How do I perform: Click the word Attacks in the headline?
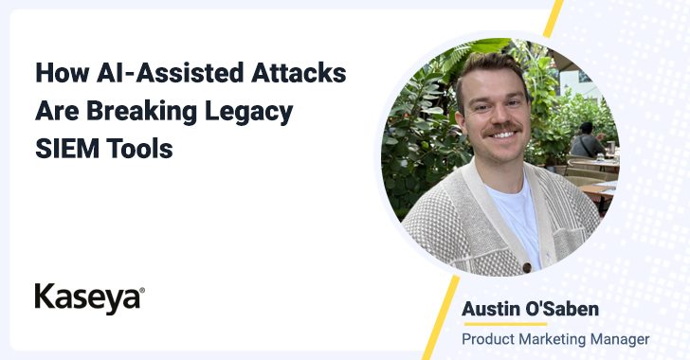[299, 73]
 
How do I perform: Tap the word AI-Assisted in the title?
[170, 73]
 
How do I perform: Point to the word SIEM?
[67, 149]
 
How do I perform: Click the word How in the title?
[62, 73]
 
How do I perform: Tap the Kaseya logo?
[90, 298]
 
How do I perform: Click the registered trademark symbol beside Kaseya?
[142, 291]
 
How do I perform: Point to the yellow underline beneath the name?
[505, 324]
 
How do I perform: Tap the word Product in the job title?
[488, 339]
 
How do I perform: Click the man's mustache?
[501, 129]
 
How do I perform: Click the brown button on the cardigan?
[526, 267]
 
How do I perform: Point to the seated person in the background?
[588, 141]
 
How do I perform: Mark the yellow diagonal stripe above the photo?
[554, 19]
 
